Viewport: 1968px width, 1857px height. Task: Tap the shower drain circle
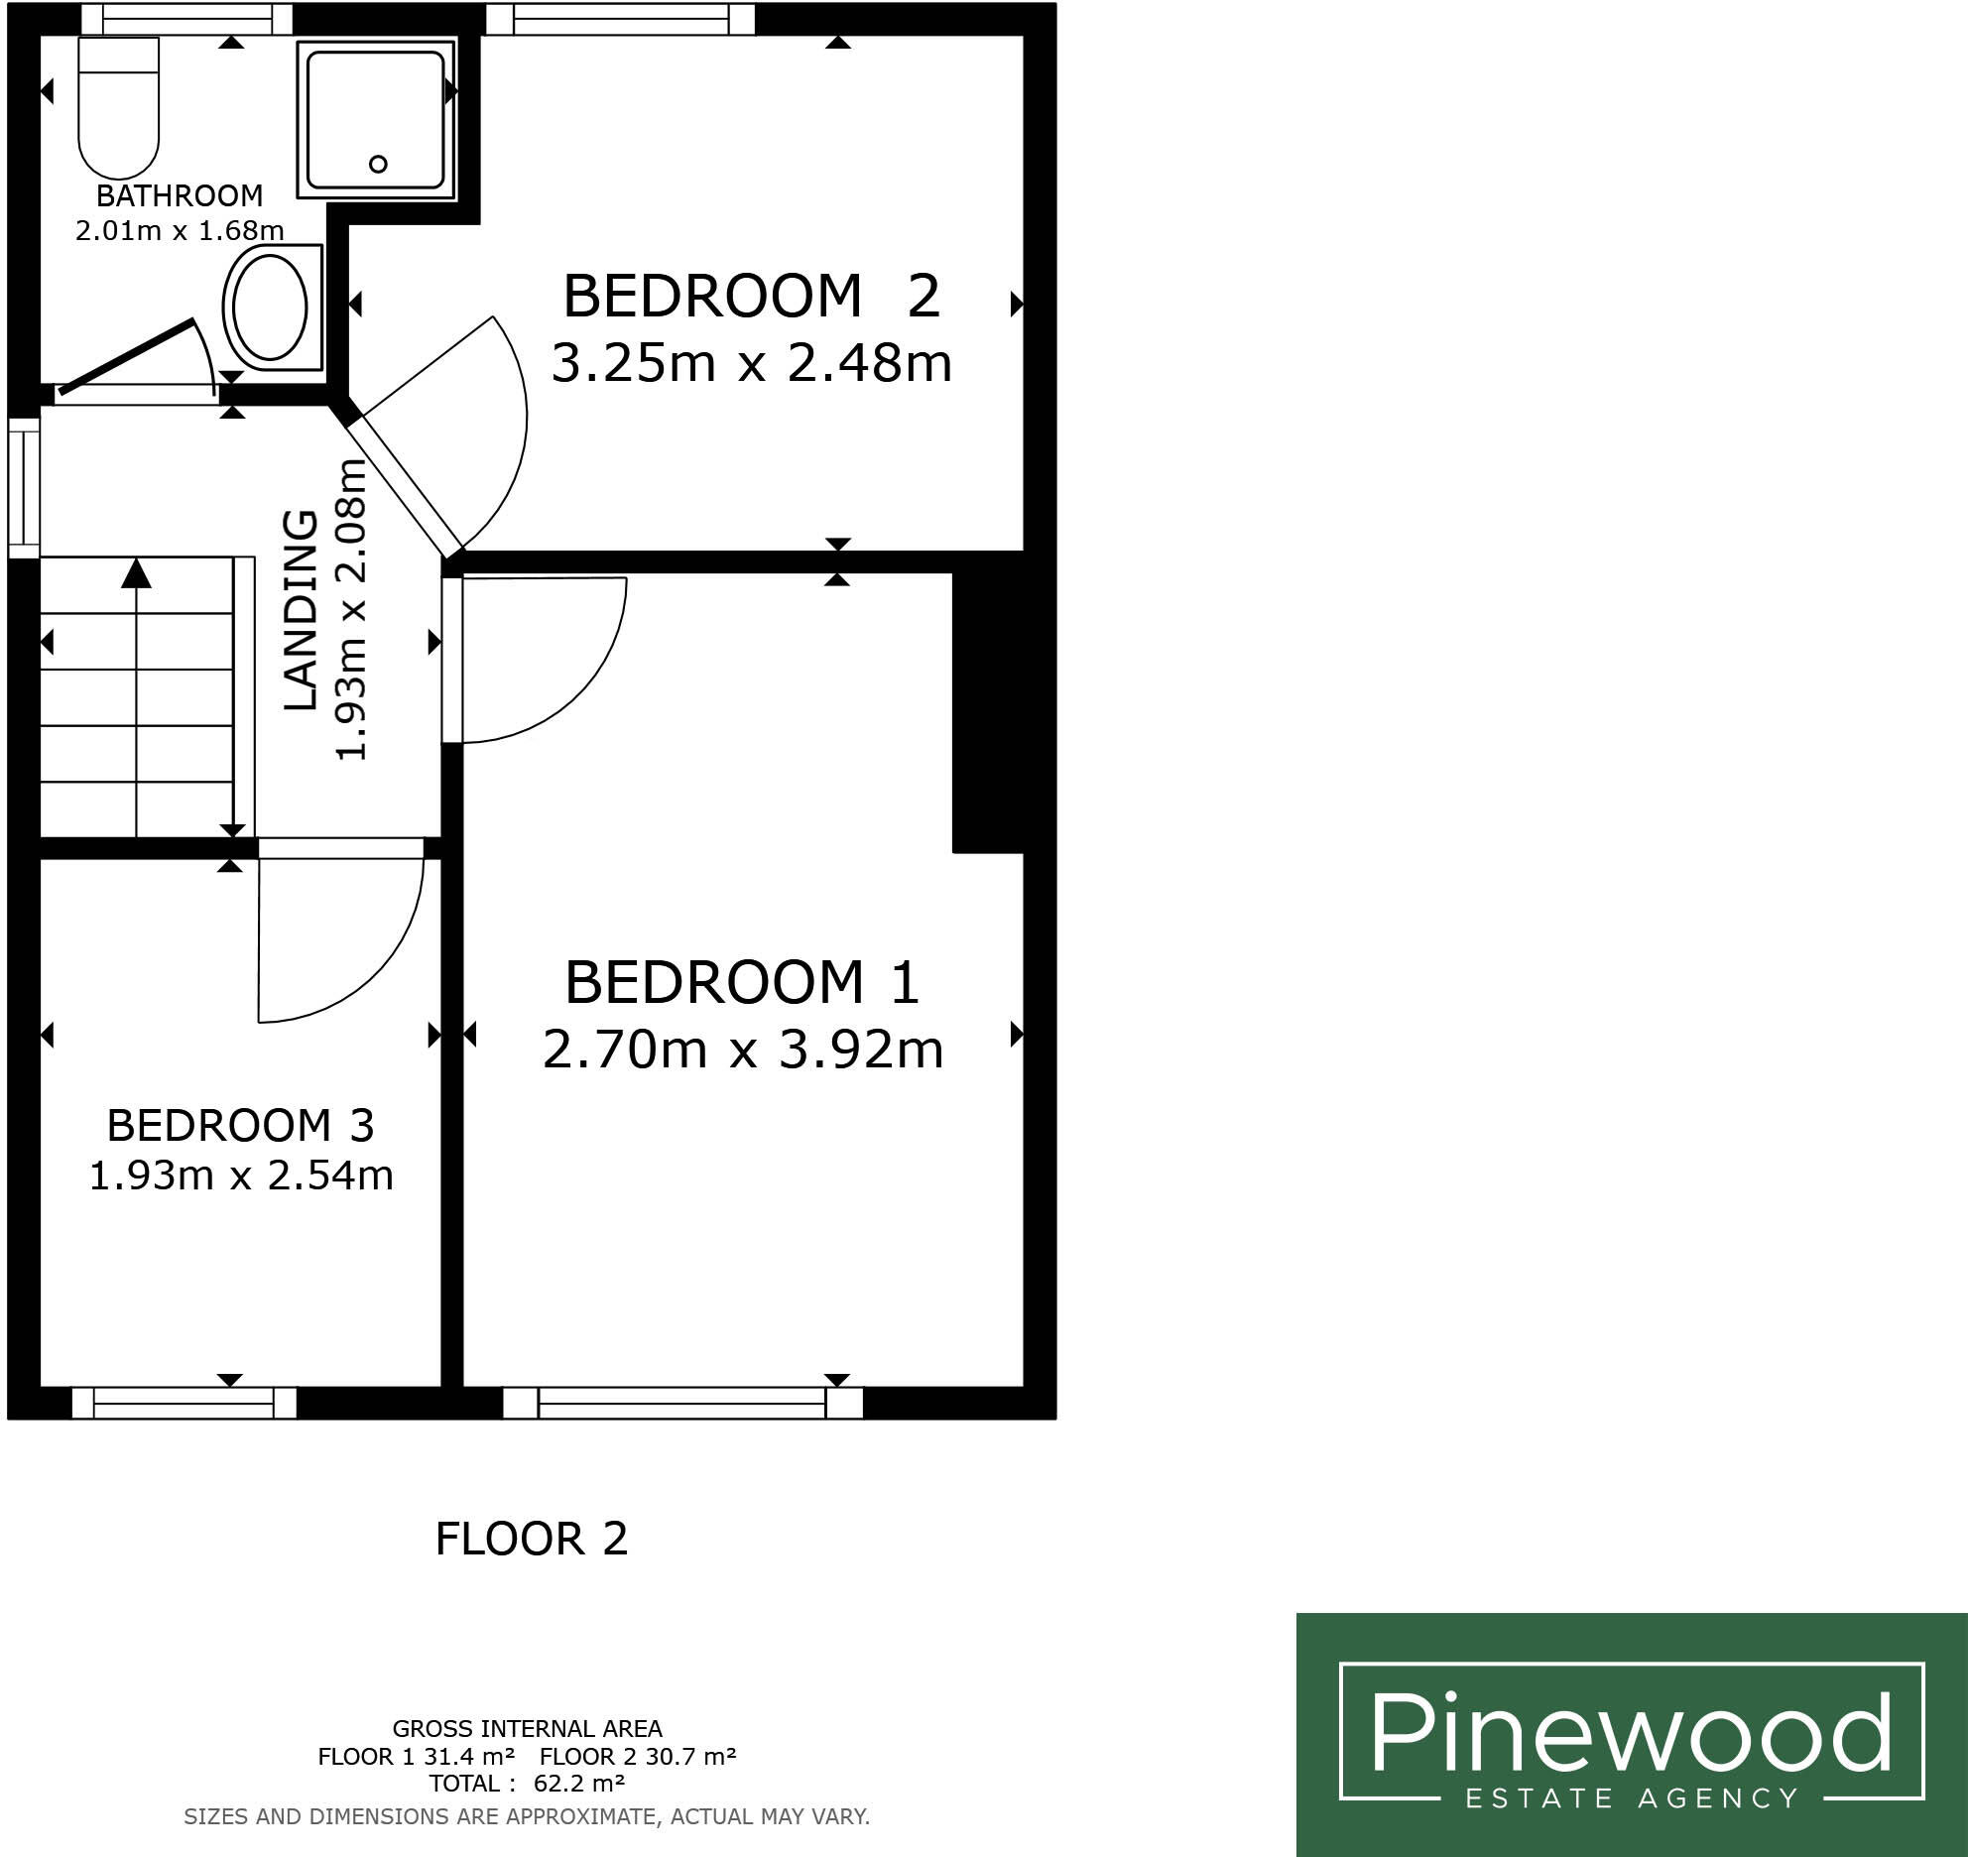[x=378, y=164]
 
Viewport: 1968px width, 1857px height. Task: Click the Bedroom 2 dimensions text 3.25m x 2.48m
[x=751, y=363]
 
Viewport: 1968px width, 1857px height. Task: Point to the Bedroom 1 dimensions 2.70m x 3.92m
[x=742, y=1050]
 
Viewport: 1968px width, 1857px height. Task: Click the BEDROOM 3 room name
[x=240, y=1126]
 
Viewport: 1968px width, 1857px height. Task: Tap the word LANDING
[x=301, y=609]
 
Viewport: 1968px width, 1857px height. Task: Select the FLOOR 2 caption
[x=532, y=1540]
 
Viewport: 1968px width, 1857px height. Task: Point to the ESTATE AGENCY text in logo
[x=1631, y=1797]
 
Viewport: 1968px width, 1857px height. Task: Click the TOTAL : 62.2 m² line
[x=527, y=1784]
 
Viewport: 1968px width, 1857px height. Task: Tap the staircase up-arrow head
[x=136, y=573]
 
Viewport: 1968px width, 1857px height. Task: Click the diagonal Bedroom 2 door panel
[x=403, y=484]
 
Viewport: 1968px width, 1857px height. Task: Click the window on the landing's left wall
[x=24, y=486]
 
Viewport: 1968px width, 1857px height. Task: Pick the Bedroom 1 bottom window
[x=682, y=1403]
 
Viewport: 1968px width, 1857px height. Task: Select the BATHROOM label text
[x=180, y=195]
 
